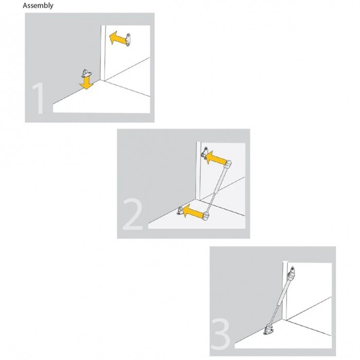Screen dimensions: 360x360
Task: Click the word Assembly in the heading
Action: (38, 6)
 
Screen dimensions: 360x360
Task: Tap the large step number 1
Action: (39, 98)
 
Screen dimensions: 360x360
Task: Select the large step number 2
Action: (133, 214)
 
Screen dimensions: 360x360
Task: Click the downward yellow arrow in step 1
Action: (86, 83)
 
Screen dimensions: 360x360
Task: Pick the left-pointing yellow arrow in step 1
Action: (118, 39)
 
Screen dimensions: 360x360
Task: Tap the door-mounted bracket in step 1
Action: (128, 40)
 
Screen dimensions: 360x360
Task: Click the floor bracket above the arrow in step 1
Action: (86, 73)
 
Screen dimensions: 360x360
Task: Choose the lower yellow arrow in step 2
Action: (192, 211)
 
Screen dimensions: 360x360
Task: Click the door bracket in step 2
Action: (205, 152)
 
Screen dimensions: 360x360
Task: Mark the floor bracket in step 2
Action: (180, 211)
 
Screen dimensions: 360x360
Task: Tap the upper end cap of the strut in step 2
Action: (228, 165)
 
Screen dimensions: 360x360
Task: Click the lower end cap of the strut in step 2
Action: (206, 217)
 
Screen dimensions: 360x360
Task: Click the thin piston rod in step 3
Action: (274, 316)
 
